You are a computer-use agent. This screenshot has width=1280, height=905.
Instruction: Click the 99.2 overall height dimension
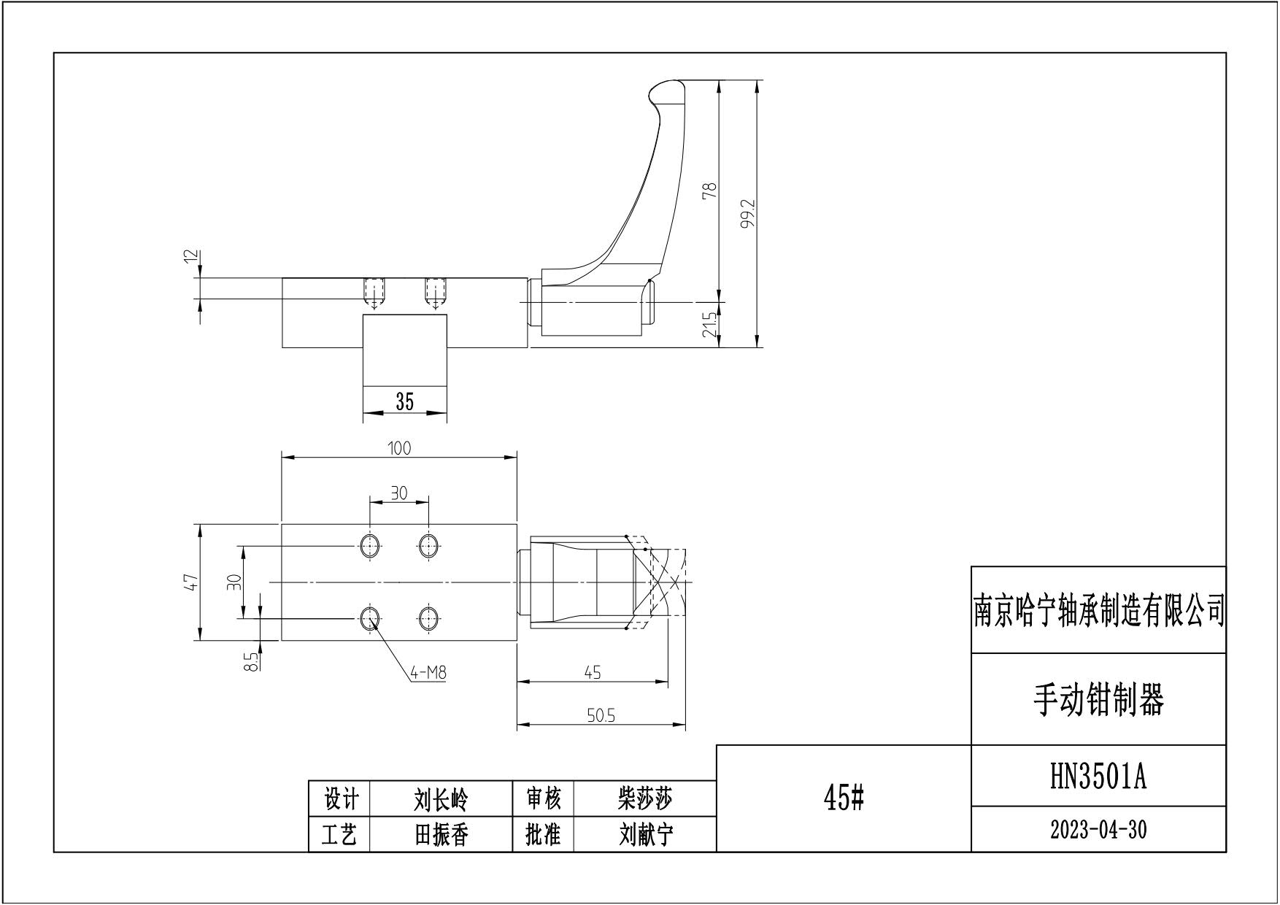point(747,214)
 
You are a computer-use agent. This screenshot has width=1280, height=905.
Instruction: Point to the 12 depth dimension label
point(191,257)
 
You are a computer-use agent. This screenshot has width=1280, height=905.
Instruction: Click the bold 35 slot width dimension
point(404,401)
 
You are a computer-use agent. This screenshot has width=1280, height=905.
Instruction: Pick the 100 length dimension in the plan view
point(399,448)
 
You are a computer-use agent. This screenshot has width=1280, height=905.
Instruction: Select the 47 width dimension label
point(191,582)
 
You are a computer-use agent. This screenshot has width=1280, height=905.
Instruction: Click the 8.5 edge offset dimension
point(250,661)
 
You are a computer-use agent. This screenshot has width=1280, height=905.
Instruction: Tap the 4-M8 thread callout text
point(428,673)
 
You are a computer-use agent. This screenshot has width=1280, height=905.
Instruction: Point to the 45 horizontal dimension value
point(593,673)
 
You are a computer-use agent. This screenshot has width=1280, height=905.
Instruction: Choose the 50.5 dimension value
point(601,716)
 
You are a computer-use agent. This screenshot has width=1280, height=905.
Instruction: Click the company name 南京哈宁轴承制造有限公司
point(1098,610)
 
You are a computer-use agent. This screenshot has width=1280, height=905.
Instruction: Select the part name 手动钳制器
point(1098,700)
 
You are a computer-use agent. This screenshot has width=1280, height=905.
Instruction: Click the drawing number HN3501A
point(1098,777)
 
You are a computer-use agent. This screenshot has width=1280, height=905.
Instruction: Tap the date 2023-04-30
point(1098,830)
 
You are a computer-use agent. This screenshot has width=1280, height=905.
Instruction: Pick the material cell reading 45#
point(844,799)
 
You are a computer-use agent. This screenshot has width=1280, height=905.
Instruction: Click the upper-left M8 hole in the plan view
point(370,544)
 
